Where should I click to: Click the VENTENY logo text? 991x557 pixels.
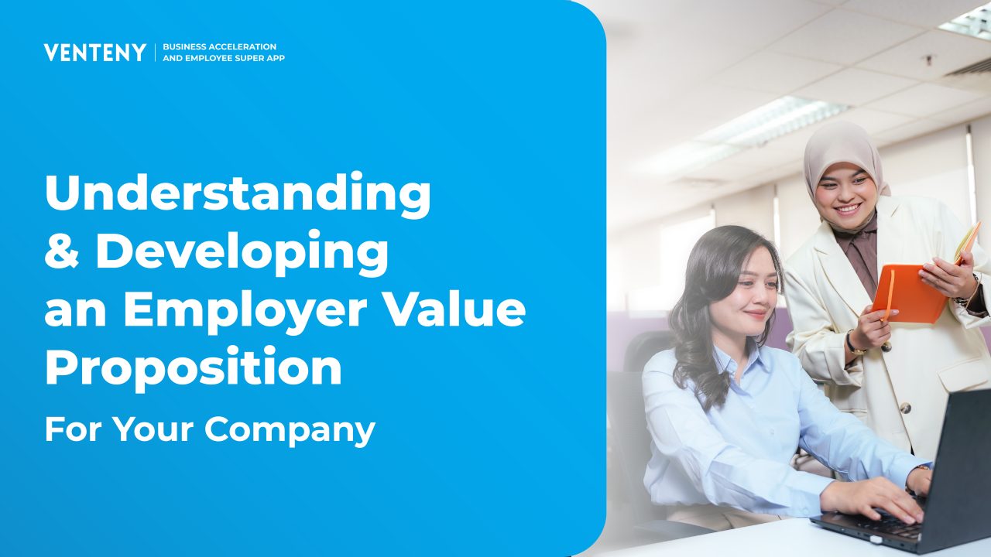tap(95, 52)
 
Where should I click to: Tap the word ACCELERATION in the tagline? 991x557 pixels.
tap(242, 46)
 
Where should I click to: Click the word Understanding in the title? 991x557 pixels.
tap(238, 193)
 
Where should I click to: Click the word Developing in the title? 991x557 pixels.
tap(242, 253)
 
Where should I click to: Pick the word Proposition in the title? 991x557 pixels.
tap(194, 367)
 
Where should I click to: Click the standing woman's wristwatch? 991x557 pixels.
tap(852, 342)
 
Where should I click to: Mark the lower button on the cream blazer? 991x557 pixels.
tap(905, 407)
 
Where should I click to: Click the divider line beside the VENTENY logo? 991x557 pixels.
tap(156, 52)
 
